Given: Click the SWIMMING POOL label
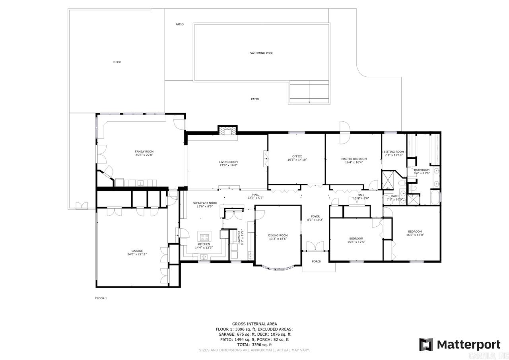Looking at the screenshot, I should click(261, 53).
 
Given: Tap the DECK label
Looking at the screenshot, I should click(117, 62).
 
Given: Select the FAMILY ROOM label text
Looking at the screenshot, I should click(144, 152).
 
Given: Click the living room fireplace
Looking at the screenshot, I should click(227, 131).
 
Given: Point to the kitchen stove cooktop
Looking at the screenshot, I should click(204, 237).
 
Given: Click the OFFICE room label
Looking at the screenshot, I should click(297, 156).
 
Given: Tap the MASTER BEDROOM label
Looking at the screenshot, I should click(354, 159).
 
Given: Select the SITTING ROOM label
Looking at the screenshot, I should click(394, 152).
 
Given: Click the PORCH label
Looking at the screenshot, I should click(317, 261).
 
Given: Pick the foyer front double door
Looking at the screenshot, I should click(315, 246).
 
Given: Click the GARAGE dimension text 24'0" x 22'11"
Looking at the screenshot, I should click(137, 254).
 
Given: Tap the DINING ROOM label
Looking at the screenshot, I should click(278, 235).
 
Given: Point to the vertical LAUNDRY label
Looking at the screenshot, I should click(239, 237).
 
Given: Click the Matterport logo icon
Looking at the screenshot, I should click(426, 344).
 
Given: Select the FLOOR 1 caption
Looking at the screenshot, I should click(101, 298).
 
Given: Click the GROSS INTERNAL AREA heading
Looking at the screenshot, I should click(254, 324).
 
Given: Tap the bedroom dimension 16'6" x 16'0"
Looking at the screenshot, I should click(415, 235).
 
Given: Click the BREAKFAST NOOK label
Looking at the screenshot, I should click(205, 203).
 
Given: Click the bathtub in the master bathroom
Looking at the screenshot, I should click(435, 197).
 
